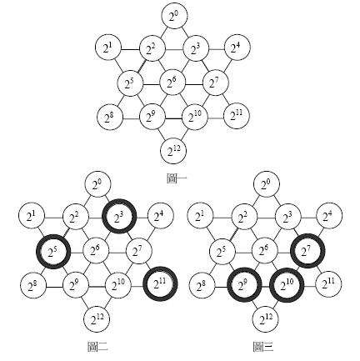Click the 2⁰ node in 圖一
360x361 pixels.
pyautogui.click(x=173, y=16)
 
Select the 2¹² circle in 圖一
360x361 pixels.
pyautogui.click(x=173, y=152)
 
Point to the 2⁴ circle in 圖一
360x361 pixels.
pyautogui.click(x=237, y=48)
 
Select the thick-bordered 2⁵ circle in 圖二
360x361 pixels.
pyautogui.click(x=53, y=252)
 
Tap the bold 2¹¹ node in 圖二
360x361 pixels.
pyautogui.click(x=160, y=283)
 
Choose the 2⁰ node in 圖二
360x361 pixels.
pyautogui.click(x=97, y=184)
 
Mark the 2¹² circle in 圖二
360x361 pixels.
pyautogui.click(x=97, y=319)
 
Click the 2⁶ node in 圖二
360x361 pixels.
pyautogui.click(x=96, y=251)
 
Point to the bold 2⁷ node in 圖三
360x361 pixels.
pyautogui.click(x=307, y=251)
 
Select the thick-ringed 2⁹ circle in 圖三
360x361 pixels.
pyautogui.click(x=244, y=284)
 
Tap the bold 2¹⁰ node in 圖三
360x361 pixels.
pyautogui.click(x=287, y=285)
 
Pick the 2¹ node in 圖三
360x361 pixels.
pyautogui.click(x=200, y=215)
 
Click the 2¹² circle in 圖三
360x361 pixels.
pyautogui.click(x=266, y=319)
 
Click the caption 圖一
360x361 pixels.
pyautogui.click(x=177, y=178)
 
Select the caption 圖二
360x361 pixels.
pyautogui.click(x=97, y=347)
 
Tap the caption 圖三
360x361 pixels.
pyautogui.click(x=263, y=347)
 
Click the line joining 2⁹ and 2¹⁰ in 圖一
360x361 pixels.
pyautogui.click(x=173, y=119)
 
